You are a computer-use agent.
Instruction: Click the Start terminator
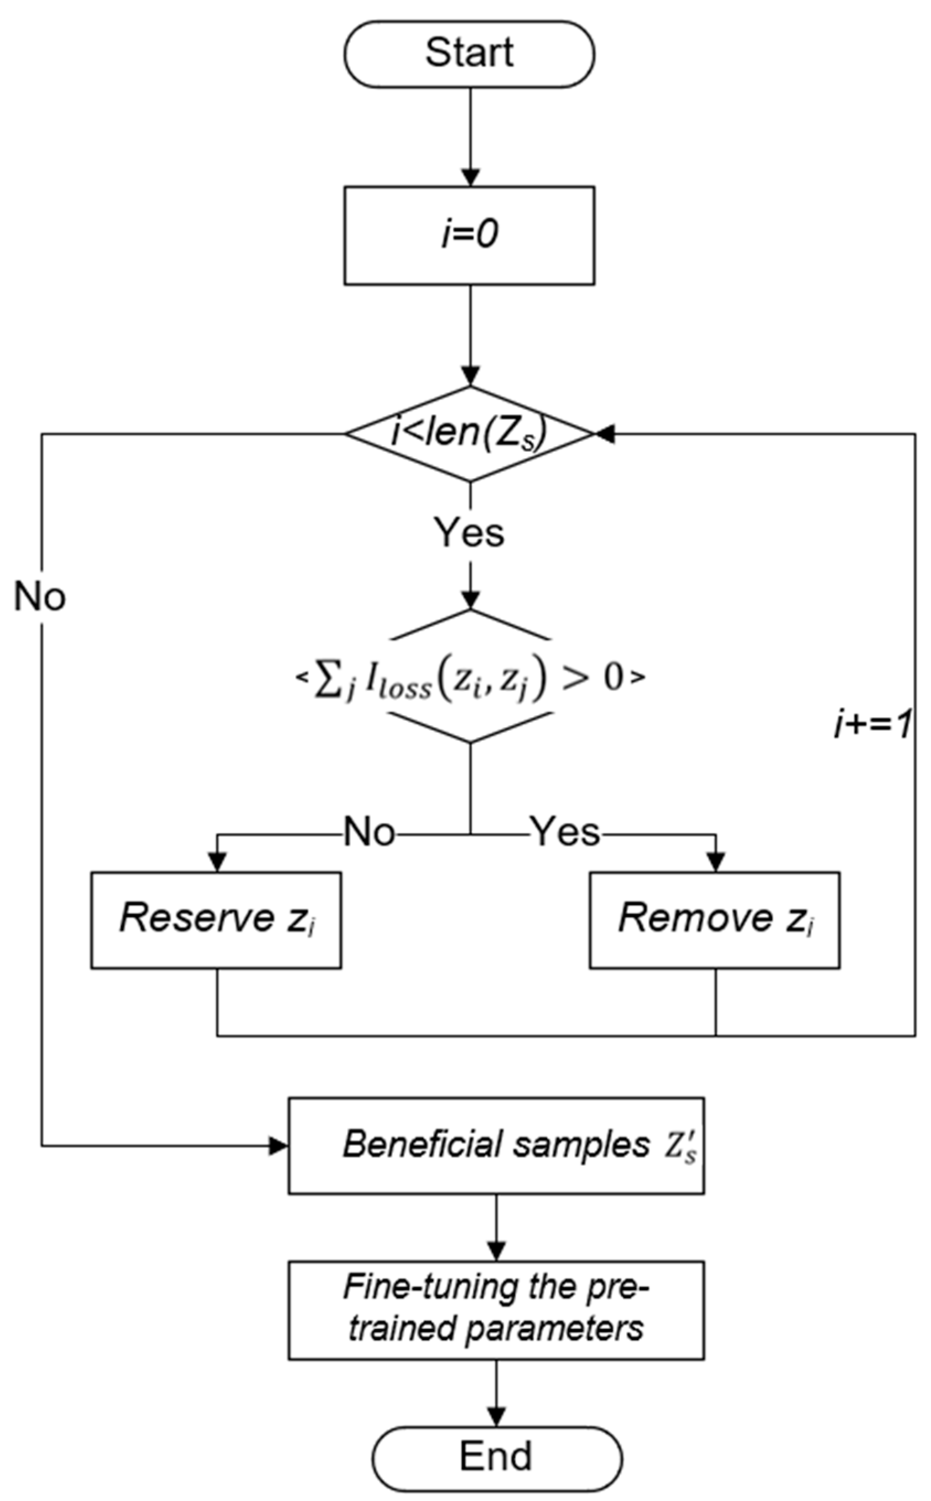(469, 54)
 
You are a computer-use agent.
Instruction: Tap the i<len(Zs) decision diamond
(469, 433)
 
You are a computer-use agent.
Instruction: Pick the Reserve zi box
(216, 920)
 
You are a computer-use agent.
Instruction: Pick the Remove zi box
(714, 920)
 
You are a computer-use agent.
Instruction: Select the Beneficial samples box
(496, 1146)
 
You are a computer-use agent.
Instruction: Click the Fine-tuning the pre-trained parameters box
(496, 1310)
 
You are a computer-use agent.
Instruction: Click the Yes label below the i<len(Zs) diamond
(469, 533)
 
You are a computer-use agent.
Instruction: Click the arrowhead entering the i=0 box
(470, 178)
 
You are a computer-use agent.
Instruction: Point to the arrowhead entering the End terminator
(496, 1416)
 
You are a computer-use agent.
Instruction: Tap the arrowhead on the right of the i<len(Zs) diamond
(604, 434)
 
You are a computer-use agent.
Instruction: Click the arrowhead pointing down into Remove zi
(715, 862)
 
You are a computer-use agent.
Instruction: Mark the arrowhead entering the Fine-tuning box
(496, 1252)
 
